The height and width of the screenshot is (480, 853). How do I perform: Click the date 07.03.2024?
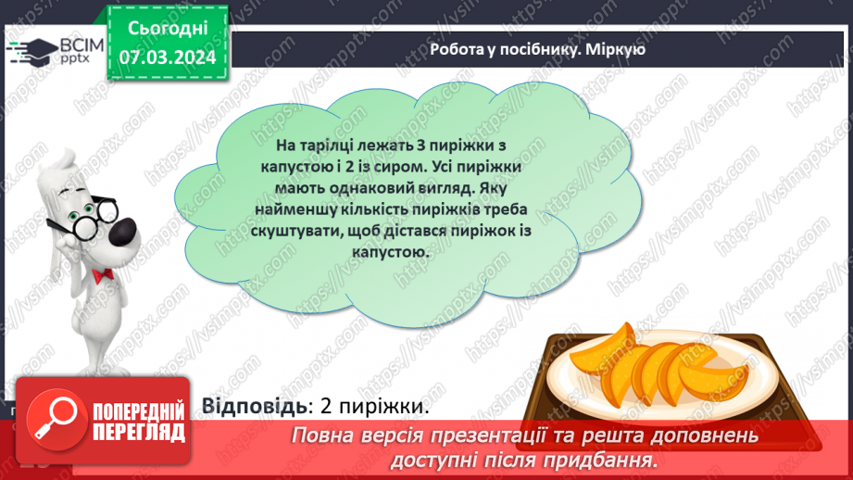tap(168, 57)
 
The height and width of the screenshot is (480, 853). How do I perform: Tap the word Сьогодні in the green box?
tap(168, 29)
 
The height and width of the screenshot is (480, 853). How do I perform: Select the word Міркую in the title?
tap(615, 50)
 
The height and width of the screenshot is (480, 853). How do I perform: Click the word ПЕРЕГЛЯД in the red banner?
tap(140, 433)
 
